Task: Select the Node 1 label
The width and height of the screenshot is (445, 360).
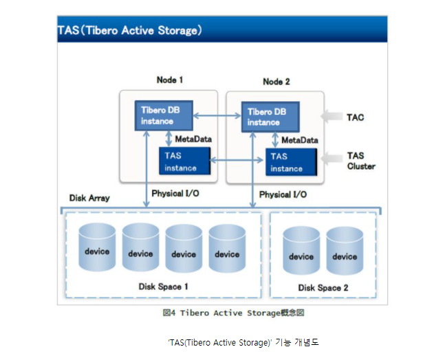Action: click(x=170, y=80)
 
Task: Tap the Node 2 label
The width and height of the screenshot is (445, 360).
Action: click(x=276, y=82)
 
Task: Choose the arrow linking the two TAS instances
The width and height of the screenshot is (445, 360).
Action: click(x=237, y=161)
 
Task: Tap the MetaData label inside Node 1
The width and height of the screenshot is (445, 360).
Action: click(x=193, y=139)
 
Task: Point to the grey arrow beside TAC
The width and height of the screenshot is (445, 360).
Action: click(x=334, y=117)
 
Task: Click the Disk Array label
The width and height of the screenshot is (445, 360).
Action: click(x=89, y=198)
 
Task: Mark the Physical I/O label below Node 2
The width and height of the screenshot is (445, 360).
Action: click(x=283, y=195)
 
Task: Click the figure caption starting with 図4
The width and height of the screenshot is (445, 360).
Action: click(x=233, y=313)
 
